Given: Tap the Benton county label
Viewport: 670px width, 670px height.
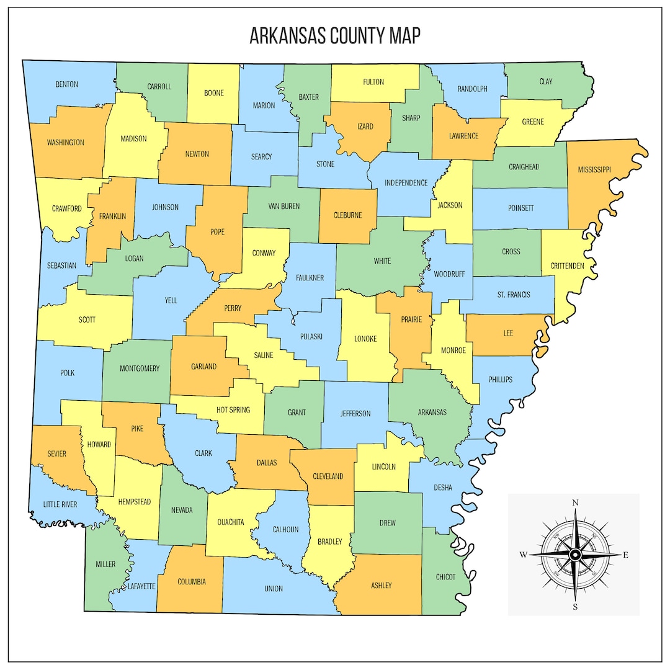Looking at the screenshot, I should point(66,84).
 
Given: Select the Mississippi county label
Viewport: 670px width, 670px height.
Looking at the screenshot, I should point(594,169).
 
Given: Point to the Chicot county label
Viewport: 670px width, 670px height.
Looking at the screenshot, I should point(445,577).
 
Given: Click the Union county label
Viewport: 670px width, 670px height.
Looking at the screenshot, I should point(273,588).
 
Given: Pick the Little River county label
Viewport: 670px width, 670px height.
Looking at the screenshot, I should point(60,504).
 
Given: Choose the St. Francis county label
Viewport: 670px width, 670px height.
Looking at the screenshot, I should point(514,295).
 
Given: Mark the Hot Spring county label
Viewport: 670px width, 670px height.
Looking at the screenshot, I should point(233,410).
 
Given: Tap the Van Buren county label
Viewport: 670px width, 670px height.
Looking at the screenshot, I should point(283,207).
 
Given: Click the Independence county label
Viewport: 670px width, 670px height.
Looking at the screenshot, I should point(406,183).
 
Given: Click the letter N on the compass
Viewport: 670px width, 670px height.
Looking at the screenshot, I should point(575,502).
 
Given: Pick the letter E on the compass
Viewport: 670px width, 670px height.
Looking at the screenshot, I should point(625,555).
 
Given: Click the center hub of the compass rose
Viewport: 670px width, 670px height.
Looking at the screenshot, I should point(575,554).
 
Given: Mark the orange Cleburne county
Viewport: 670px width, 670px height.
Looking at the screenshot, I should point(347,216).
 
